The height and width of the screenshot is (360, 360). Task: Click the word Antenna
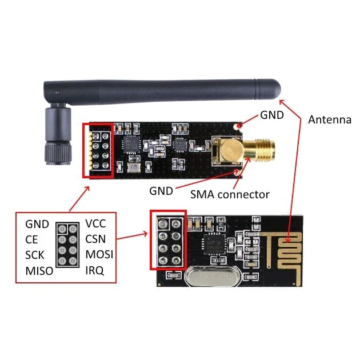point(330,119)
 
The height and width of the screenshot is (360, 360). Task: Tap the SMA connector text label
point(230,194)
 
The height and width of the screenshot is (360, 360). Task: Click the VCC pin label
point(95,223)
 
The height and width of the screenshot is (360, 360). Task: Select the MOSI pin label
point(99,254)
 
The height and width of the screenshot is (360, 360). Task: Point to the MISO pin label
point(39,271)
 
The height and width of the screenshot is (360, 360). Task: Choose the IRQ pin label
point(94,270)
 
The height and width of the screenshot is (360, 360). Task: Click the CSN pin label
point(95,239)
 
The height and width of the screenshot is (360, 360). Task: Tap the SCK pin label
point(34,255)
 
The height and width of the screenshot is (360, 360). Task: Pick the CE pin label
point(31,239)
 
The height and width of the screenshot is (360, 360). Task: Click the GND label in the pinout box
point(37,224)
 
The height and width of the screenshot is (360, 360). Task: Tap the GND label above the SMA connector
point(272,115)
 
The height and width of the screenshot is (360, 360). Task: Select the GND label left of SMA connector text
point(161,191)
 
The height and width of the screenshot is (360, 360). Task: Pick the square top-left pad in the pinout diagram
point(62,229)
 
